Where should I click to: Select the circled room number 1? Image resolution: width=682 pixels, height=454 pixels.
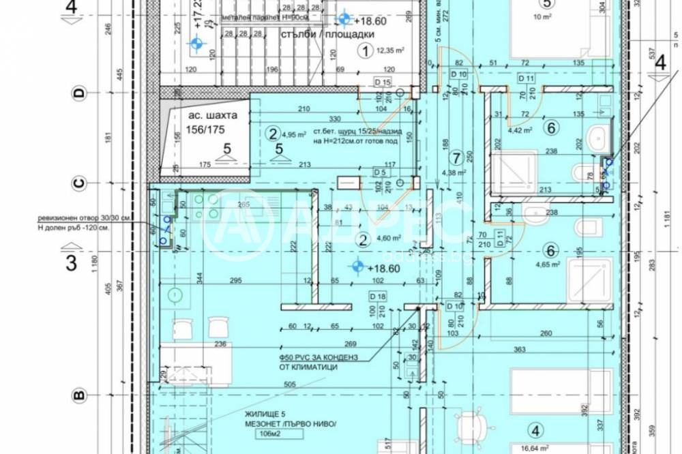(x=366, y=50)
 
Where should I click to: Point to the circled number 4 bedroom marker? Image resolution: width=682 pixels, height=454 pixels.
(x=536, y=430)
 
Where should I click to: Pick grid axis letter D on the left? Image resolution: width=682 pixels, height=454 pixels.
(x=78, y=94)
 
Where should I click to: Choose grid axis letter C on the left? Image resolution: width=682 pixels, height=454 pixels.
(x=78, y=182)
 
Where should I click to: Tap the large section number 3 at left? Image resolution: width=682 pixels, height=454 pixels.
(x=71, y=263)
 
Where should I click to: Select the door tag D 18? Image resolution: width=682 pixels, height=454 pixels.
(x=377, y=296)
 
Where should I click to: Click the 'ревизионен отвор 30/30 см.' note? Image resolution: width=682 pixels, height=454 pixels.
(x=83, y=219)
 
